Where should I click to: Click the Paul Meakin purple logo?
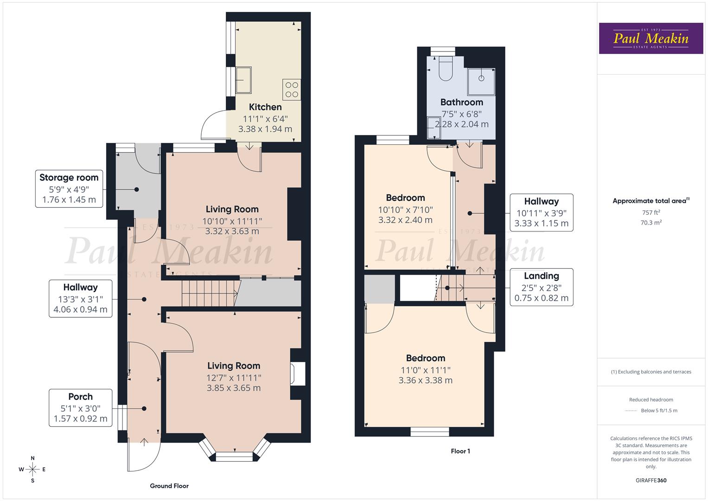pos(651,39)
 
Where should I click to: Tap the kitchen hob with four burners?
pos(292,90)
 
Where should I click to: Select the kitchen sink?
pos(243,80)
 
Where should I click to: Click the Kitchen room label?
pos(265,107)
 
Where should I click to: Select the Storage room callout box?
pos(69,188)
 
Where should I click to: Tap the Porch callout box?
pos(80,408)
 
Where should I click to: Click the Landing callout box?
pos(541,287)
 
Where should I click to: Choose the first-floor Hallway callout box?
pos(541,212)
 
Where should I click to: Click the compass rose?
pos(32,469)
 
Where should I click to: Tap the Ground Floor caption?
pos(169,486)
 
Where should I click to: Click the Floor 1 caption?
pos(460,451)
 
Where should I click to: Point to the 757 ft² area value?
pos(651,212)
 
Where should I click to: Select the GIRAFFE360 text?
pos(651,480)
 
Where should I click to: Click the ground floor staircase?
pos(209,293)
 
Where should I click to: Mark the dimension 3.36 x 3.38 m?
pos(425,380)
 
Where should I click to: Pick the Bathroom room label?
pos(461,102)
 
